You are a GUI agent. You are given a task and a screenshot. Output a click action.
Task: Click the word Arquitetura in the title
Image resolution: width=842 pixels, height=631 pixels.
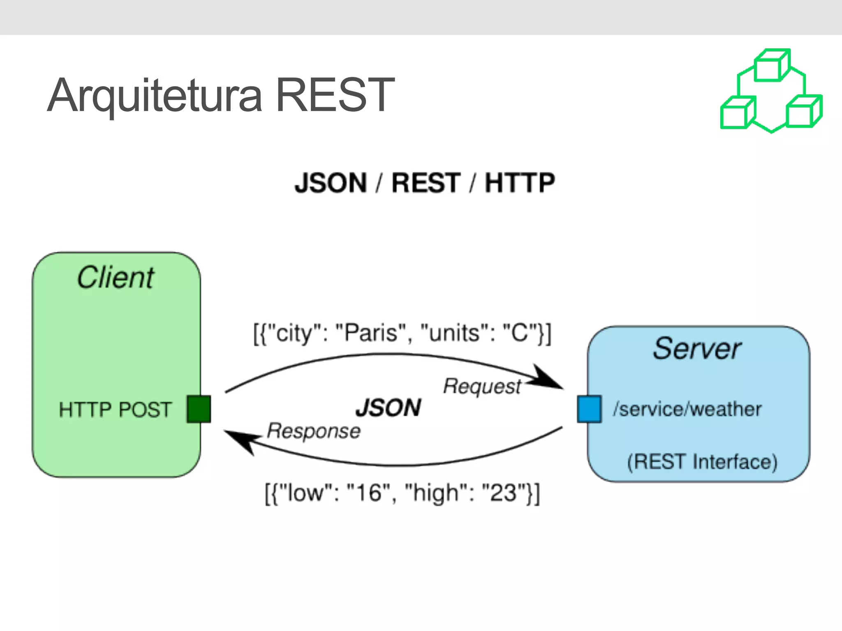coord(155,95)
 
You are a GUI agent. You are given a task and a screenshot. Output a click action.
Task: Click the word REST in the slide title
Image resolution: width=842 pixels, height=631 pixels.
coord(335,95)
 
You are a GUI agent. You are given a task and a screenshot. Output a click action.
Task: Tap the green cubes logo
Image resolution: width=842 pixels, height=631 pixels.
coord(771,91)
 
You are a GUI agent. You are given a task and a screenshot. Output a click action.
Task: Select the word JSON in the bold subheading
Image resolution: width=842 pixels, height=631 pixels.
coord(331,183)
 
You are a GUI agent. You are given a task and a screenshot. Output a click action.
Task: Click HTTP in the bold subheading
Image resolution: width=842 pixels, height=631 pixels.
coord(520,183)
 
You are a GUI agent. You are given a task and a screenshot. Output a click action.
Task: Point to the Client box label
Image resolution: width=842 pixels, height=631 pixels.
coord(116,278)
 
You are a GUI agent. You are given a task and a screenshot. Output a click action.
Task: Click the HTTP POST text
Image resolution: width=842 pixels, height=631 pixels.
coord(115,410)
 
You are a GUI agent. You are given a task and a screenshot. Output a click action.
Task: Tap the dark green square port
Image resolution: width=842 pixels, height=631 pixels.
coord(199,409)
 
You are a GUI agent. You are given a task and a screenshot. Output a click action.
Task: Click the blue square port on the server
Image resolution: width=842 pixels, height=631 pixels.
coord(589,409)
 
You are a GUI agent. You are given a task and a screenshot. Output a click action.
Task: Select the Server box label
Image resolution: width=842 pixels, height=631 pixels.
coord(697,349)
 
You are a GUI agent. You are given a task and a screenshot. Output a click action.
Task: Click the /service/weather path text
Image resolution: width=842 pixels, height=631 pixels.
coord(687,409)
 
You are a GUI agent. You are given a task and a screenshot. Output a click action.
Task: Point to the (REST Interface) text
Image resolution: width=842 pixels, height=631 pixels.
coord(702,462)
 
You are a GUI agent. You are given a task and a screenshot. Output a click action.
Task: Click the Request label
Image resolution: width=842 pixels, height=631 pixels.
coord(482,387)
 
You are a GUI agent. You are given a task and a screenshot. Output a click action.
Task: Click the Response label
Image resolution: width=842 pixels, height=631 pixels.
coord(314,431)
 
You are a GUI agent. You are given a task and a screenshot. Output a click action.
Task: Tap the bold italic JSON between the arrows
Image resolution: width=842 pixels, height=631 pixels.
coord(388,408)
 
